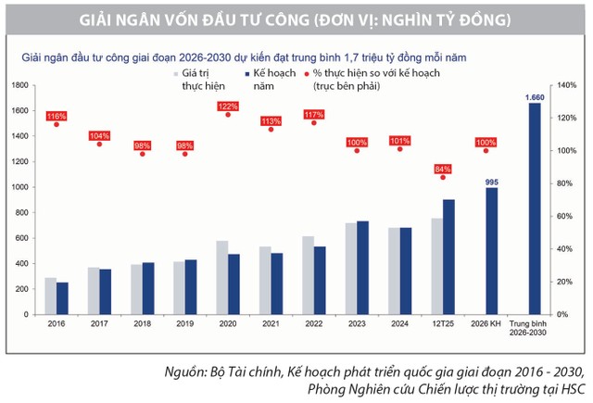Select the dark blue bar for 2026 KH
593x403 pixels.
pyautogui.click(x=491, y=251)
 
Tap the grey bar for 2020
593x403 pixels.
pyautogui.click(x=222, y=278)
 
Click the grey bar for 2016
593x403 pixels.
pyautogui.click(x=51, y=296)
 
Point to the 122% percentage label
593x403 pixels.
pyautogui.click(x=228, y=107)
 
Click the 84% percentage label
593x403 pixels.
pyautogui.click(x=443, y=169)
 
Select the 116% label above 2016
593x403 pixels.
pyautogui.click(x=57, y=116)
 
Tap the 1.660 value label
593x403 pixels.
pyautogui.click(x=534, y=97)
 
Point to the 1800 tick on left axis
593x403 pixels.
pyautogui.click(x=19, y=84)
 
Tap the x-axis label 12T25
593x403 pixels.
pyautogui.click(x=443, y=324)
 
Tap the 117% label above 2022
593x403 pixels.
pyautogui.click(x=314, y=115)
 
